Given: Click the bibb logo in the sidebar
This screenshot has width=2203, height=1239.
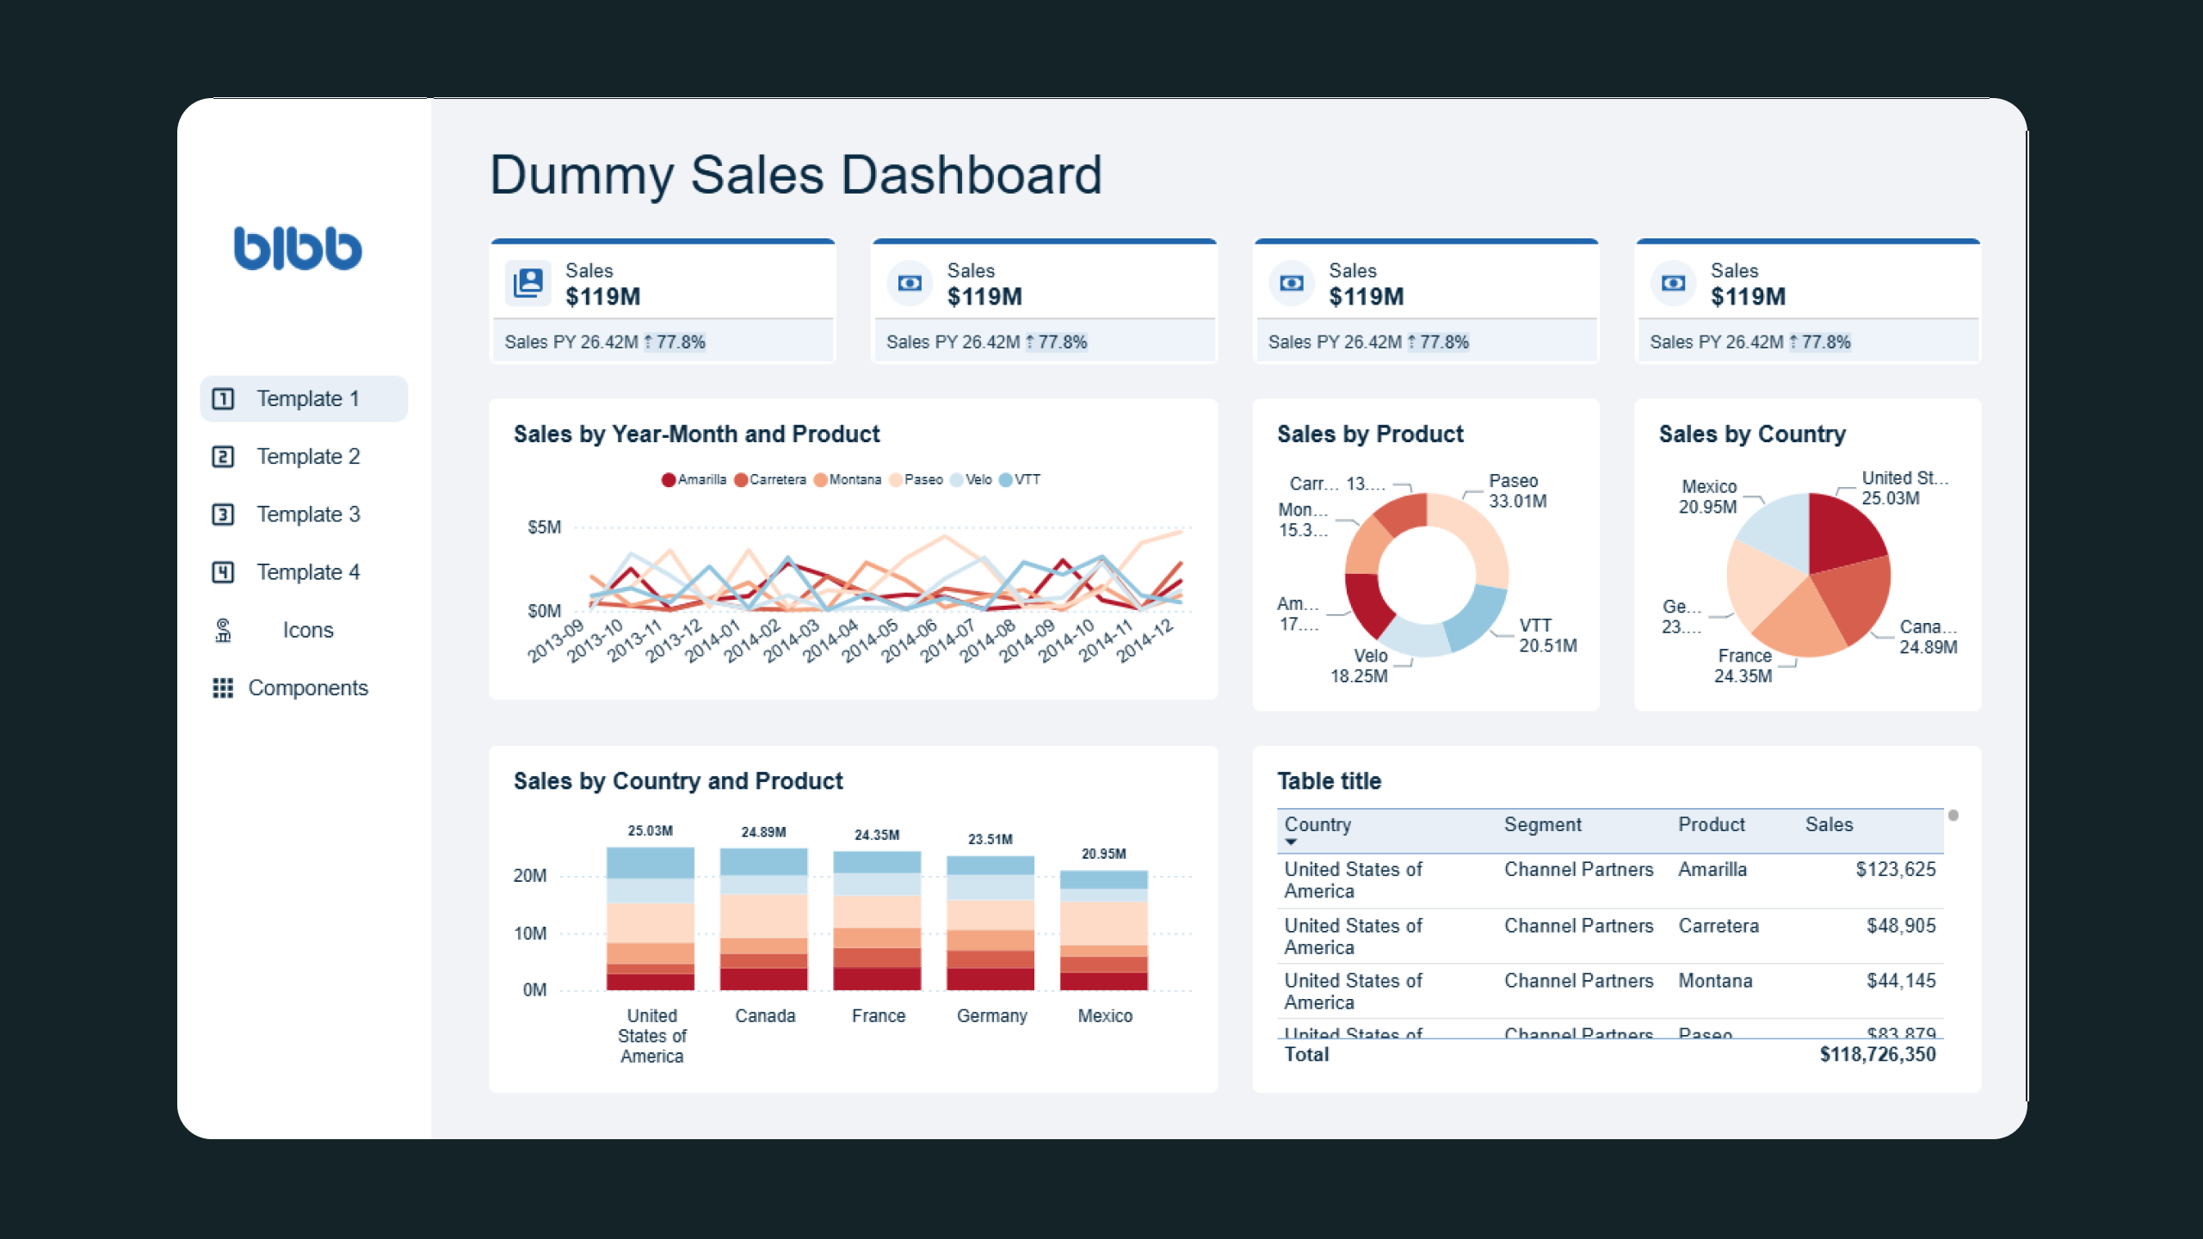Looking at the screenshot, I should [x=298, y=248].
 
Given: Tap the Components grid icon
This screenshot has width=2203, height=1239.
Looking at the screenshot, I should [x=223, y=687].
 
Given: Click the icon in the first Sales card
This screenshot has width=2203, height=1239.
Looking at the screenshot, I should [x=528, y=283].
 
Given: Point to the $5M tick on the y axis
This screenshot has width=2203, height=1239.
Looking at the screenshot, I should [x=544, y=527].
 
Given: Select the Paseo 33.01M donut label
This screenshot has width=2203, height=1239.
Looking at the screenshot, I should [x=1516, y=490].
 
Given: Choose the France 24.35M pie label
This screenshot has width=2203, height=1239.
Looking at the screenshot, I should [x=1743, y=666].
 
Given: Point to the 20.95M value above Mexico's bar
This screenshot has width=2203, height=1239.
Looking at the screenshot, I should [x=1103, y=854].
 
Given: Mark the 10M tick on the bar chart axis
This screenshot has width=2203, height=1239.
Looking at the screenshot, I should [x=529, y=934].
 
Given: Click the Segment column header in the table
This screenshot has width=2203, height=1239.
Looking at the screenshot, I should [x=1542, y=824].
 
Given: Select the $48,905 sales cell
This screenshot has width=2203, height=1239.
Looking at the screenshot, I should [x=1900, y=926].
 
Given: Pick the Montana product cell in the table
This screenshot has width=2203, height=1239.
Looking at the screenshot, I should [x=1714, y=981].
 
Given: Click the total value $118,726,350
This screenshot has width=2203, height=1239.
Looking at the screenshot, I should [x=1877, y=1054].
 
